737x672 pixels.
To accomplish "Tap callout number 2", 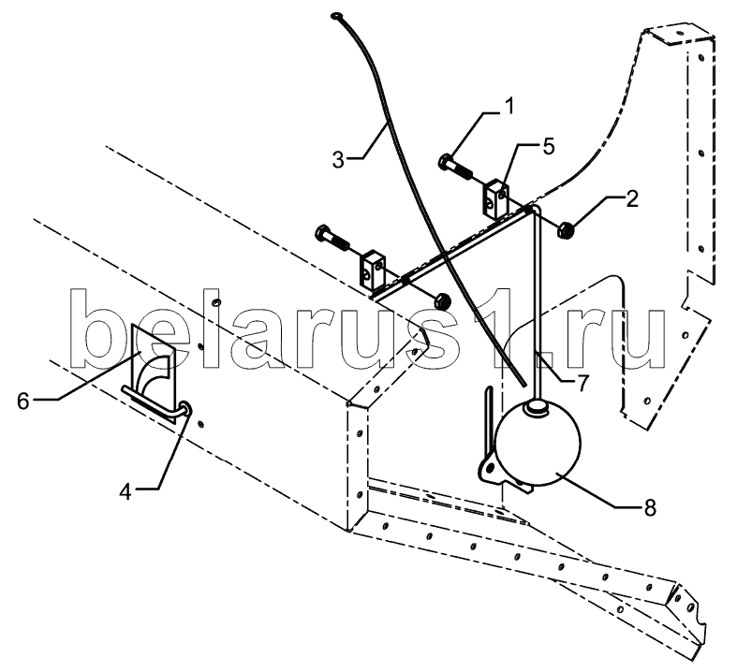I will (x=633, y=197).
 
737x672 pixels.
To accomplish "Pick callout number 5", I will (x=548, y=145).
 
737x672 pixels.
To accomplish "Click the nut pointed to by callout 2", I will (x=566, y=227).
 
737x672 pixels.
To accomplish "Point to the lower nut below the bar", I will (x=442, y=301).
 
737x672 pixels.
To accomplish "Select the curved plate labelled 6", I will (x=150, y=360).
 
